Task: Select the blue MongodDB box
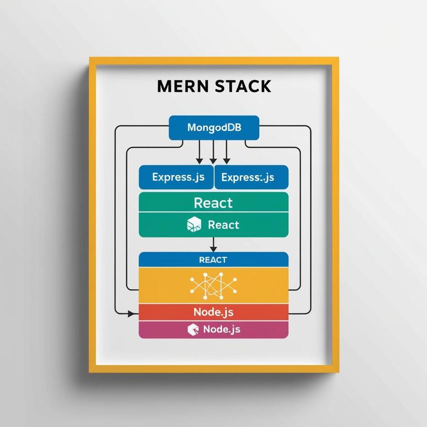coord(213,127)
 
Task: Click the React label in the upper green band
coord(213,203)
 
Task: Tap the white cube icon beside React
coord(194,224)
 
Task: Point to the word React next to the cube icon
coord(223,225)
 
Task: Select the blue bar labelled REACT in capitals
coord(213,259)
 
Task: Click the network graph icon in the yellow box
coord(213,285)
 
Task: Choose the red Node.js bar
coord(213,312)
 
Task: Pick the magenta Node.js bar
coord(213,329)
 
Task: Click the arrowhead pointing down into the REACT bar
coord(213,249)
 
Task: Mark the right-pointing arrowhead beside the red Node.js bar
coord(136,313)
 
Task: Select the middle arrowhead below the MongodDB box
coord(213,162)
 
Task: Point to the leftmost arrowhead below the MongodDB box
coord(200,162)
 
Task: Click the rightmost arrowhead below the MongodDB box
coord(226,162)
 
